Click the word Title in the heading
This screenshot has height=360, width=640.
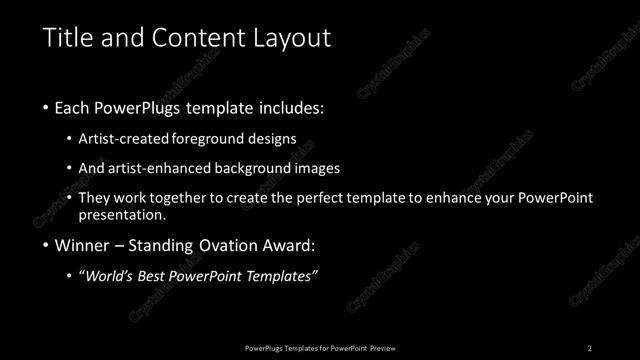[69, 39]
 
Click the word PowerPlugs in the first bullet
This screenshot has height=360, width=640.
[142, 107]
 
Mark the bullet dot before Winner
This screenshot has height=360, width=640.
[46, 246]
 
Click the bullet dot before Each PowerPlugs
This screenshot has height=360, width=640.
[46, 107]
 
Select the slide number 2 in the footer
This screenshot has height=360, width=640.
[590, 347]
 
